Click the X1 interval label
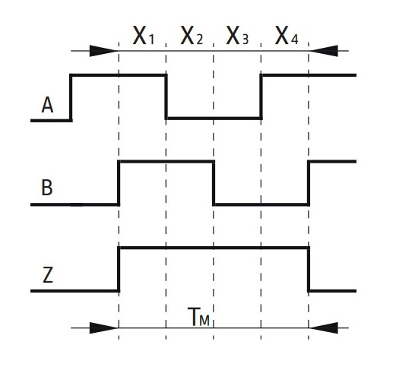(x=144, y=36)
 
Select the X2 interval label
(x=192, y=36)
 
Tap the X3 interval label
(x=237, y=36)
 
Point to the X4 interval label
(x=287, y=36)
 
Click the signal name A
(x=47, y=106)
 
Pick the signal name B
(x=47, y=188)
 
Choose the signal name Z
(x=48, y=275)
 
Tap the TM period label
(x=198, y=317)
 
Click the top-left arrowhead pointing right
(x=104, y=51)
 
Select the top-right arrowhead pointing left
(x=324, y=51)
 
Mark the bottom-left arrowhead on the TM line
(x=104, y=328)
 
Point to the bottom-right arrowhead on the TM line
(x=324, y=328)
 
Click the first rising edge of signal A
(x=71, y=98)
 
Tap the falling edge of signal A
(x=166, y=96)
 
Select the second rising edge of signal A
(x=261, y=96)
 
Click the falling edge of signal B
(x=214, y=183)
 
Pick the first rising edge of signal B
(x=119, y=183)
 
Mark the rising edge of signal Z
(x=119, y=270)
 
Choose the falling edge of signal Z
(x=309, y=270)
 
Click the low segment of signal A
(x=214, y=119)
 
